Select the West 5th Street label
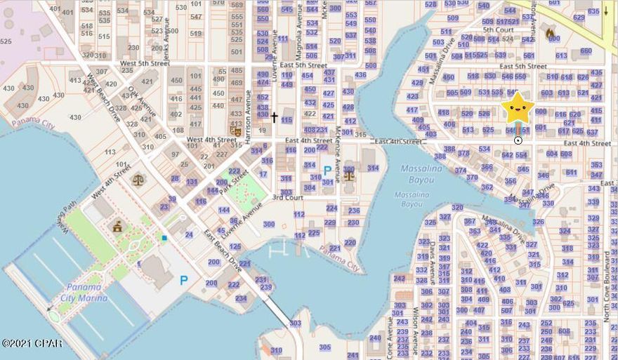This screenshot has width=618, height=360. tap(145, 64)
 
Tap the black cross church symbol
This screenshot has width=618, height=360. tap(274, 118)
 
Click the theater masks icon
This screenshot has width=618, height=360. tap(236, 130)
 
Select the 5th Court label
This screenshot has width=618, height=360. tap(498, 30)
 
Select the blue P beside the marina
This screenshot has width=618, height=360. tap(183, 280)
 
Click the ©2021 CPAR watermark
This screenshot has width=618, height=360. tap(32, 343)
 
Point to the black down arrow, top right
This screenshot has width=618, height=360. tap(606, 11)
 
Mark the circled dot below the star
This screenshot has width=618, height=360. tap(518, 140)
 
